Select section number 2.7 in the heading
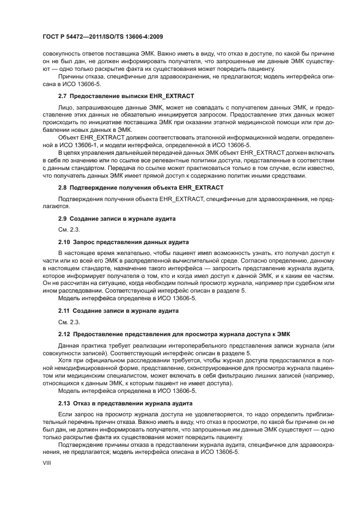point(63,96)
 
